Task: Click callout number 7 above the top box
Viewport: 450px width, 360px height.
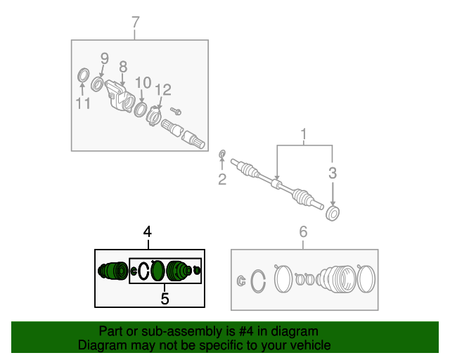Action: tap(136, 22)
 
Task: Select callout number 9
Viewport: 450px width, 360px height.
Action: tap(105, 58)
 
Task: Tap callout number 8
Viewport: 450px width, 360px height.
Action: tap(123, 67)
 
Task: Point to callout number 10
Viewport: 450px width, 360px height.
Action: tap(143, 83)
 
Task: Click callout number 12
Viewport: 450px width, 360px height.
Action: tap(163, 90)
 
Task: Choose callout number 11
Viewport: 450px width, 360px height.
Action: tap(83, 103)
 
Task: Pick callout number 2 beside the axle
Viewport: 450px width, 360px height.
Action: tap(222, 179)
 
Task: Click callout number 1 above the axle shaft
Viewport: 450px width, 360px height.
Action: tap(303, 134)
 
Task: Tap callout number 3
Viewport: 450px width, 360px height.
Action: tap(333, 173)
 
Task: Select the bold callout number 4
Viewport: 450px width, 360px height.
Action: tap(148, 232)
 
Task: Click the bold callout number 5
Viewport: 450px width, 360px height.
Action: tap(165, 299)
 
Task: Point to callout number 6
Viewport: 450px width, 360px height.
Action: tap(303, 232)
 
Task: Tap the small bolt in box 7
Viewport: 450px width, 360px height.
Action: tap(176, 111)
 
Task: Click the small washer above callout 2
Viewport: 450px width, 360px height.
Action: tap(222, 154)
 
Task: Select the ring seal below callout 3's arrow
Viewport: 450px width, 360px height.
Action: tap(333, 214)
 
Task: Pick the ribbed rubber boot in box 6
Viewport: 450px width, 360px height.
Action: tap(336, 279)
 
